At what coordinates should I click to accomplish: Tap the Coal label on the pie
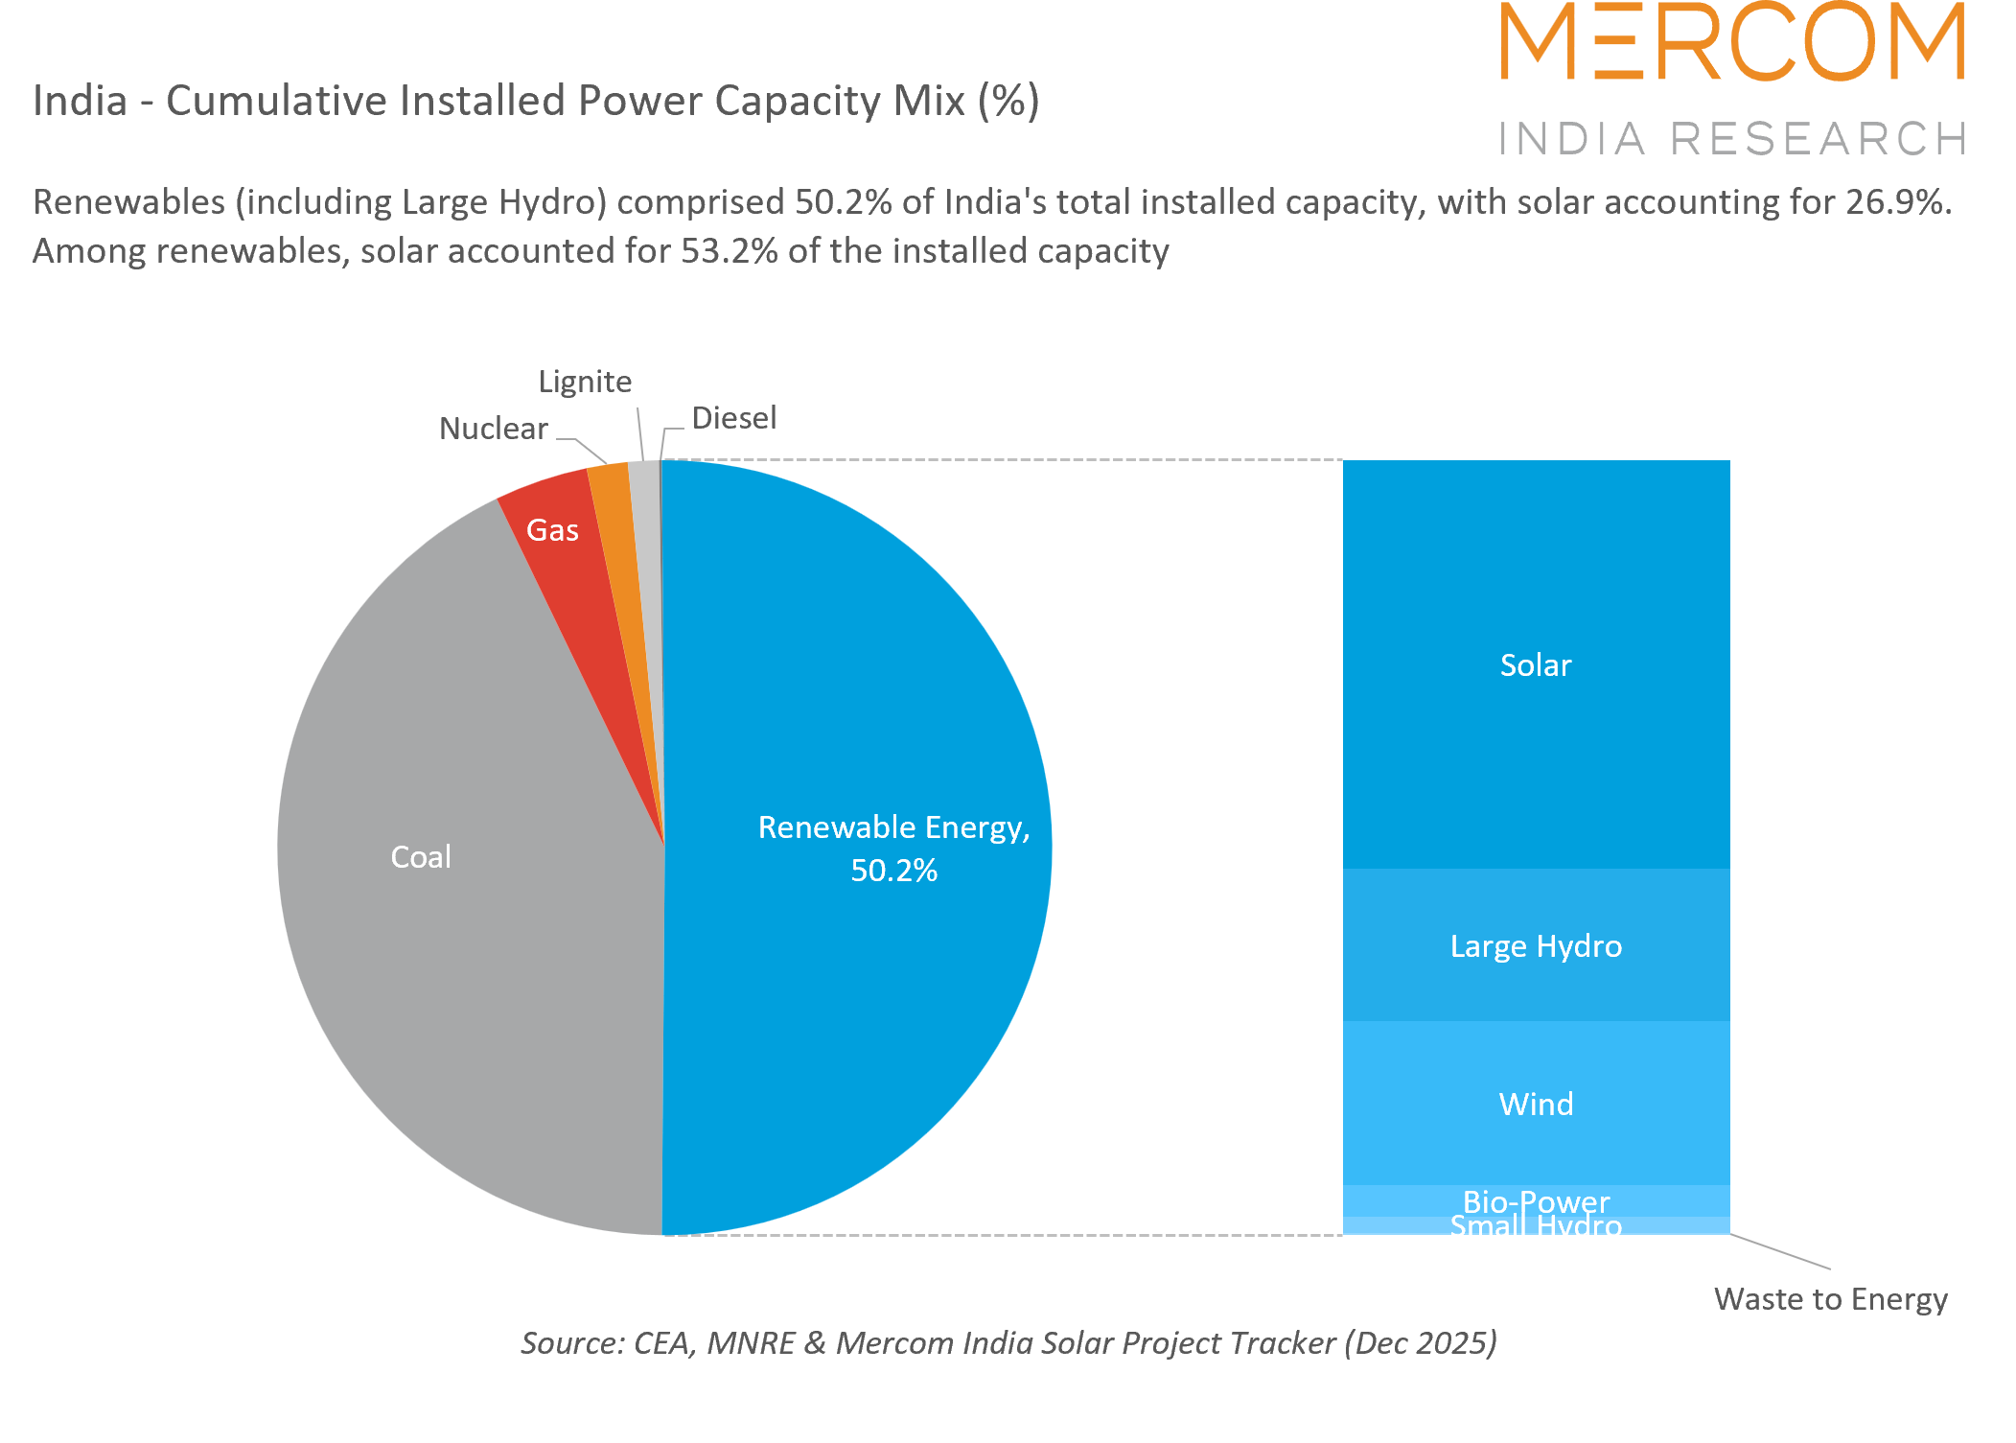point(421,856)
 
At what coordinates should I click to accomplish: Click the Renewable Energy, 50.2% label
point(893,848)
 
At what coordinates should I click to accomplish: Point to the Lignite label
point(585,382)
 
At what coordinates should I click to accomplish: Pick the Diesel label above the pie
point(733,418)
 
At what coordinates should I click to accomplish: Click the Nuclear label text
point(493,429)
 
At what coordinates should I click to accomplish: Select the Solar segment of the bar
point(1536,664)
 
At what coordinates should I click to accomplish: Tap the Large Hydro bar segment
point(1536,945)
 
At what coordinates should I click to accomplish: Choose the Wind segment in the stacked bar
point(1536,1104)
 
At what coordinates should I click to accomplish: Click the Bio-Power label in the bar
point(1536,1200)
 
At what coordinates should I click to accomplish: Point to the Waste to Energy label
point(1830,1299)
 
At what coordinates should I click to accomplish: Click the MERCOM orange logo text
point(1732,43)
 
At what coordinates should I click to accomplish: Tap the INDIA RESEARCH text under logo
point(1732,139)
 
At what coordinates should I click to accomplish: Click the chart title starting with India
point(536,101)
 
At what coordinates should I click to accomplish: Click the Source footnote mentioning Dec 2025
point(1008,1342)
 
